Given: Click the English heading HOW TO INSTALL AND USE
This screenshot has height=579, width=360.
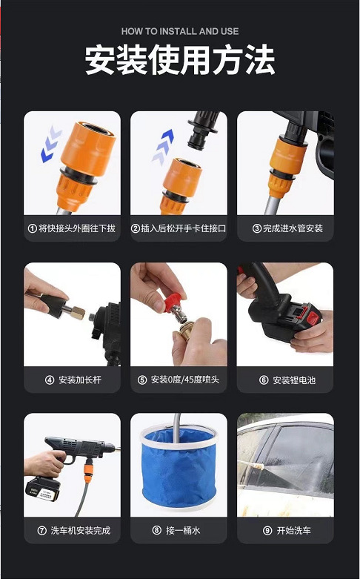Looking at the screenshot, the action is click(180, 31).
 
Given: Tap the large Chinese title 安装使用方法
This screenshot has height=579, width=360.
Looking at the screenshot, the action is click(180, 60).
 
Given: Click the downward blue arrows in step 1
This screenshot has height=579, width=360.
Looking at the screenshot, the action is click(51, 144).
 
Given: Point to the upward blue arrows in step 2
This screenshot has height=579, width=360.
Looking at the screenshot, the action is click(163, 147).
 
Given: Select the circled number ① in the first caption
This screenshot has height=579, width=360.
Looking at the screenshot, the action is click(33, 228).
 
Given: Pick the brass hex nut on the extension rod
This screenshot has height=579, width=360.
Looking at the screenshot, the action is click(78, 312).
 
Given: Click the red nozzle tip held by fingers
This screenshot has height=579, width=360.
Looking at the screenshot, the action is click(173, 302).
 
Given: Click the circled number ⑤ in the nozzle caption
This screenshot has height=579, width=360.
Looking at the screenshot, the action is click(142, 380).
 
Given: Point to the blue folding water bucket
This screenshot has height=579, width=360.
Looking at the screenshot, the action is click(179, 467).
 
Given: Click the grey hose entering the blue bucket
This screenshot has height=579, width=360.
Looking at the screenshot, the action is click(177, 429).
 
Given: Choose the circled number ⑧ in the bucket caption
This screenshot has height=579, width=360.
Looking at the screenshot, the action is click(157, 531).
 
